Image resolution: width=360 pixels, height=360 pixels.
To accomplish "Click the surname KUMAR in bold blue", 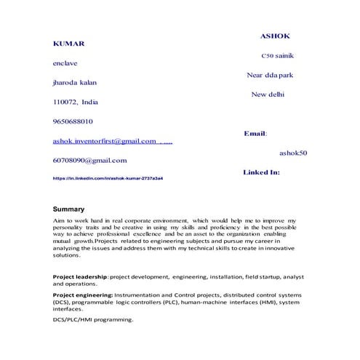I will coord(69,44).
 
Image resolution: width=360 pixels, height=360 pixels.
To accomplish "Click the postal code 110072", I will coord(65,103).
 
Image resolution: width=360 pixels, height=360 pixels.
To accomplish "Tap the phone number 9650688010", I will coord(73,121).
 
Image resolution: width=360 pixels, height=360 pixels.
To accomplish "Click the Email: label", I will coord(255,134).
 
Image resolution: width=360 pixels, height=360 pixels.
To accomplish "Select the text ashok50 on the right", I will coord(293,153).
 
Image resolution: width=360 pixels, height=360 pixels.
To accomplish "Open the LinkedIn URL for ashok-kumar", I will coord(108,177).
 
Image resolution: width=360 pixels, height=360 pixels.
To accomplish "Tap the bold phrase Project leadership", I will coord(81,277).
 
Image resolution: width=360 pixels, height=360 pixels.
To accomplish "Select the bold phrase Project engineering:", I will coord(83,294).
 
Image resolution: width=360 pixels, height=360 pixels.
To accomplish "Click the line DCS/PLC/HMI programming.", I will coord(93,319).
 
